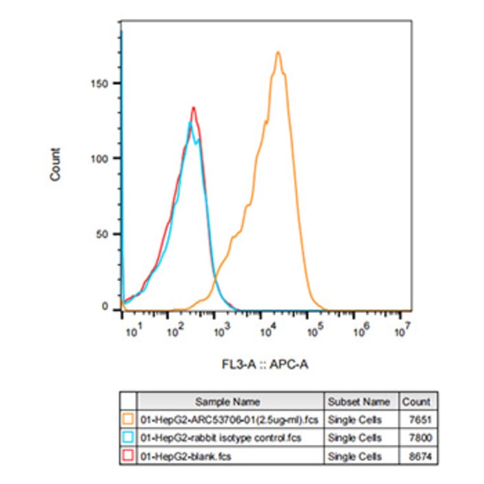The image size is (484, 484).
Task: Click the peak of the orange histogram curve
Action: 278,53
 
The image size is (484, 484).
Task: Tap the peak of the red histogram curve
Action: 193,108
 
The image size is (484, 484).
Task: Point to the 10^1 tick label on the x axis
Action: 134,329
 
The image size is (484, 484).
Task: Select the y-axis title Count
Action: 56,165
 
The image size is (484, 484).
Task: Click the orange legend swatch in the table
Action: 128,419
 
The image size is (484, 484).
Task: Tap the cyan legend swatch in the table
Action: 128,437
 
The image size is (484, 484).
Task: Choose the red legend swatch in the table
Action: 128,455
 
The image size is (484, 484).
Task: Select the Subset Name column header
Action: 359,401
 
